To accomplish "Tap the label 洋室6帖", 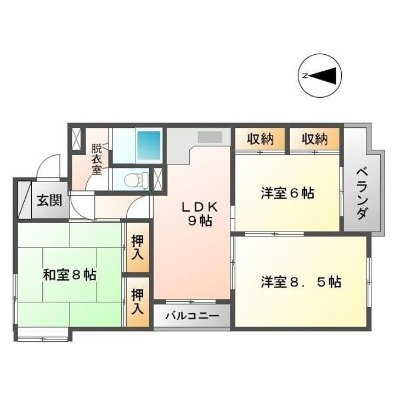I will pos(287,193).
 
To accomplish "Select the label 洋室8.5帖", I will pos(301,282).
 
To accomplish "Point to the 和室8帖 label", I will pos(70,275).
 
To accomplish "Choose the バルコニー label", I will pos(191,317).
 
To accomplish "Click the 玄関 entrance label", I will pos(49,200).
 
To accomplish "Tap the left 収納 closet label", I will pos(260,139).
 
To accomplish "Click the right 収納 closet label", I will pos(314,139).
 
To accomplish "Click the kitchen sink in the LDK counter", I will pos(208,137).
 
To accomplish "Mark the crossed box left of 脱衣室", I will pos(76,138).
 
